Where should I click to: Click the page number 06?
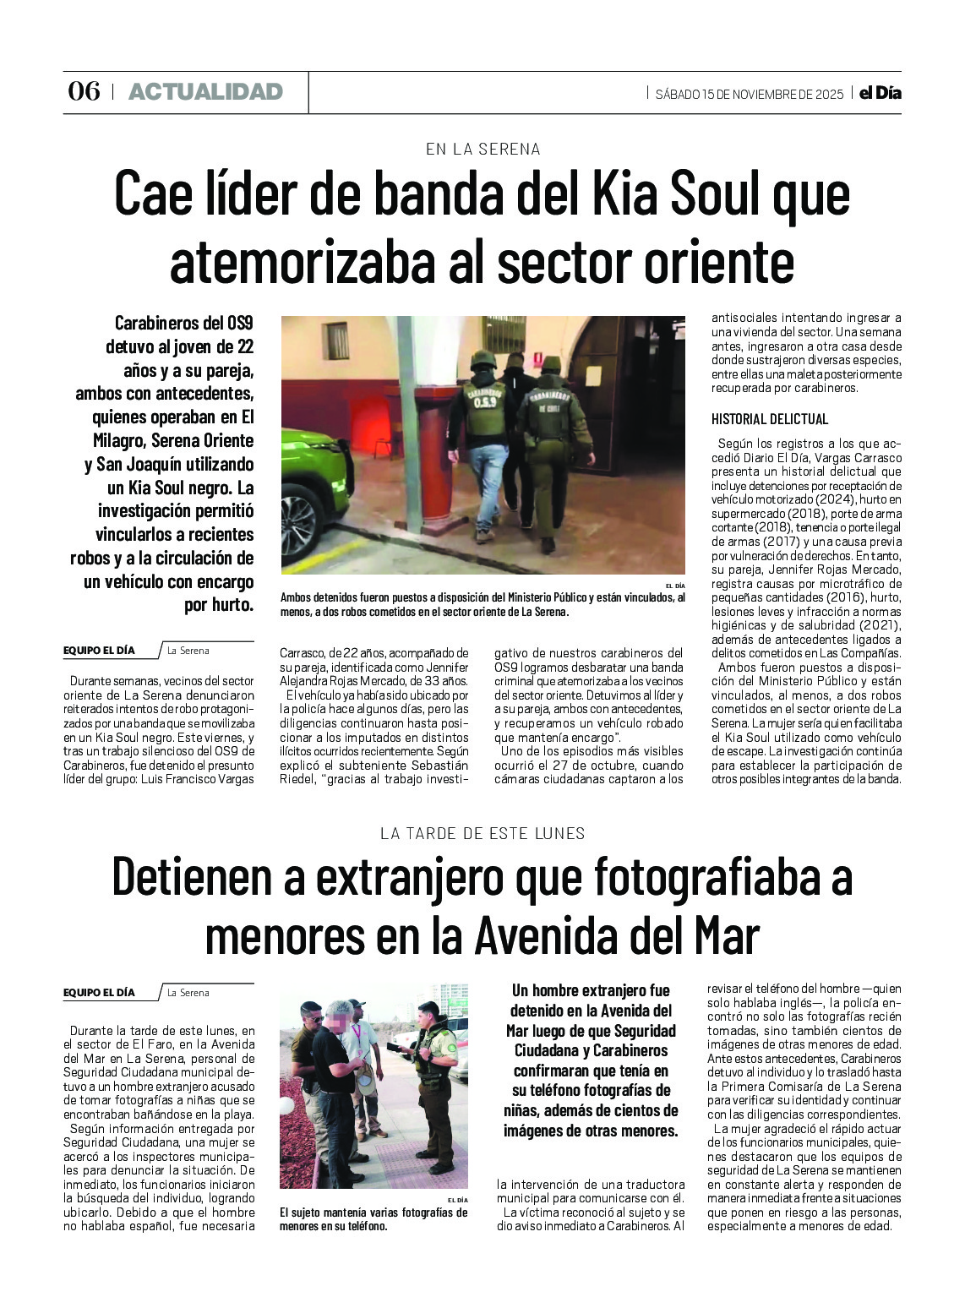click(x=84, y=91)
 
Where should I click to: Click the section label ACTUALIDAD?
click(x=205, y=91)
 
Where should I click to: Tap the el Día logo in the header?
click(x=880, y=93)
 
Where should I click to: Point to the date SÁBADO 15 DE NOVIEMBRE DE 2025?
click(x=749, y=94)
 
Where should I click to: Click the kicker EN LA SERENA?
click(x=482, y=149)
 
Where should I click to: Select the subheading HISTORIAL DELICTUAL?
click(x=769, y=419)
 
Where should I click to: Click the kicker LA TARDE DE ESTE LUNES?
click(x=482, y=833)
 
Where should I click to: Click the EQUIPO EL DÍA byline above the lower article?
click(x=99, y=993)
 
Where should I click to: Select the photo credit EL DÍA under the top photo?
click(x=674, y=586)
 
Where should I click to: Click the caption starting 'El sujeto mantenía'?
click(x=373, y=1218)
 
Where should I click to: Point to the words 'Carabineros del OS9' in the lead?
click(x=183, y=323)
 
